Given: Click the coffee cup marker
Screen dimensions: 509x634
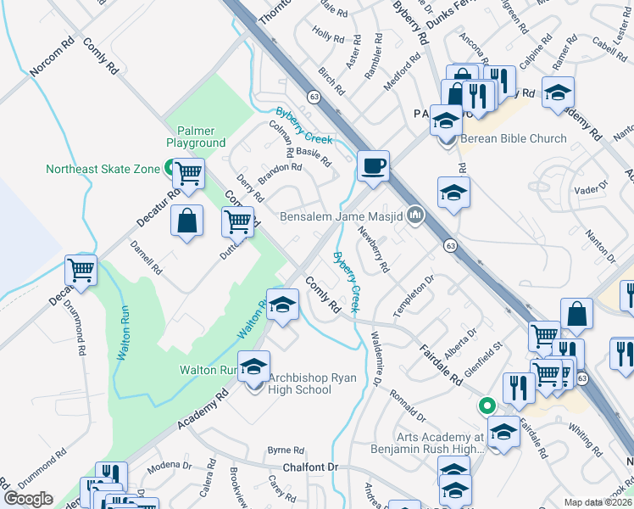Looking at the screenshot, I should point(372,165).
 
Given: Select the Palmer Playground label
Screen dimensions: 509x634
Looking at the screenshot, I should point(196,137).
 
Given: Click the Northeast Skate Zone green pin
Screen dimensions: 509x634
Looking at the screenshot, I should point(169,168).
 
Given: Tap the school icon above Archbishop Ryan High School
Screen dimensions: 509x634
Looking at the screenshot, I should point(253,366).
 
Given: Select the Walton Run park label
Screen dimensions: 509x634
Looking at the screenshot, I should point(206,370).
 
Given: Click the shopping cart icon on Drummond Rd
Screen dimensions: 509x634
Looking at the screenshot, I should point(81,271).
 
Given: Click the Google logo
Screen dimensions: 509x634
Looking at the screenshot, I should point(28,499).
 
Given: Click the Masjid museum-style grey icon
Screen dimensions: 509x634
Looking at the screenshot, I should point(415,215).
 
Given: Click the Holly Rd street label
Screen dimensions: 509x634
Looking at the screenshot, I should point(327,37).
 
